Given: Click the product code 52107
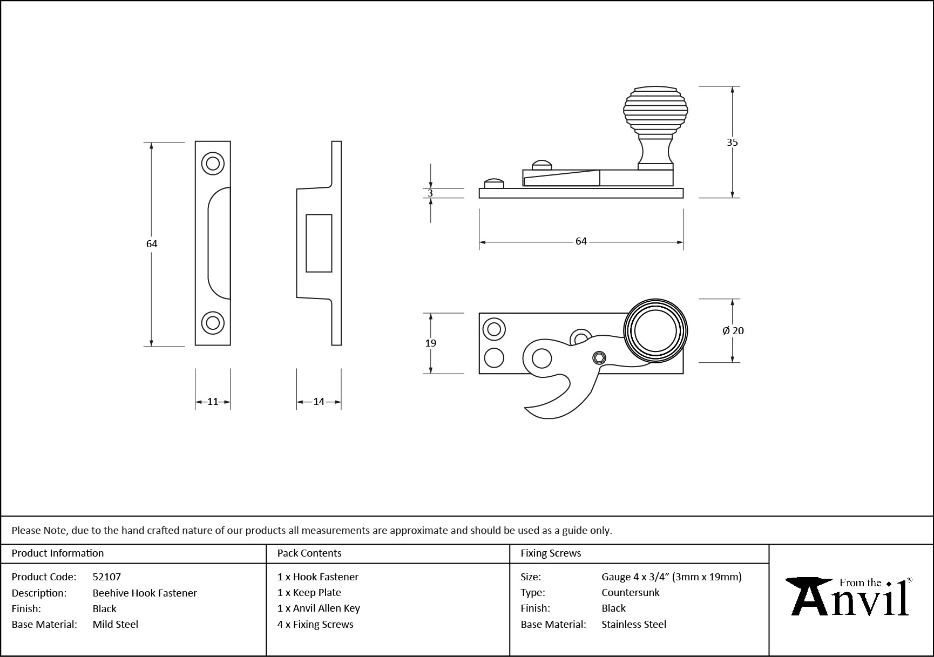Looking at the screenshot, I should point(106,577).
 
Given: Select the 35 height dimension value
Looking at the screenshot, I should point(732,143).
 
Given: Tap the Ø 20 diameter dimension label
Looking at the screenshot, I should point(733,330).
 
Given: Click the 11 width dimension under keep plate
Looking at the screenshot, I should point(213,402).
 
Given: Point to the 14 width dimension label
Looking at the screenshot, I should point(319,402).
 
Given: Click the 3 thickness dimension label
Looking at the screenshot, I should point(430,193).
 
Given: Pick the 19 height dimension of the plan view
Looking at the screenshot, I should point(430,343).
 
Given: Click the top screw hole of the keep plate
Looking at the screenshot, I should point(213,163).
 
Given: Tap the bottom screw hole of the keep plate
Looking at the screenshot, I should point(213,323).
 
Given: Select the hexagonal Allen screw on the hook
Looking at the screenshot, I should point(598,358).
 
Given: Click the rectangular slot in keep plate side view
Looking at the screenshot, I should point(319,243).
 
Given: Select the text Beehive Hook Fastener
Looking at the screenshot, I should point(145,593).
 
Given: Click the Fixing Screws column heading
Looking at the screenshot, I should point(551,553).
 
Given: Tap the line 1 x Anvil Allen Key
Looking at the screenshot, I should point(319,608).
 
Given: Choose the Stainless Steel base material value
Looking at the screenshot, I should point(633,624).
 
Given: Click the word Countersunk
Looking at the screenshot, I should point(630,592).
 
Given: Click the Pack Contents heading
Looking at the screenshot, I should point(309,553).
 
